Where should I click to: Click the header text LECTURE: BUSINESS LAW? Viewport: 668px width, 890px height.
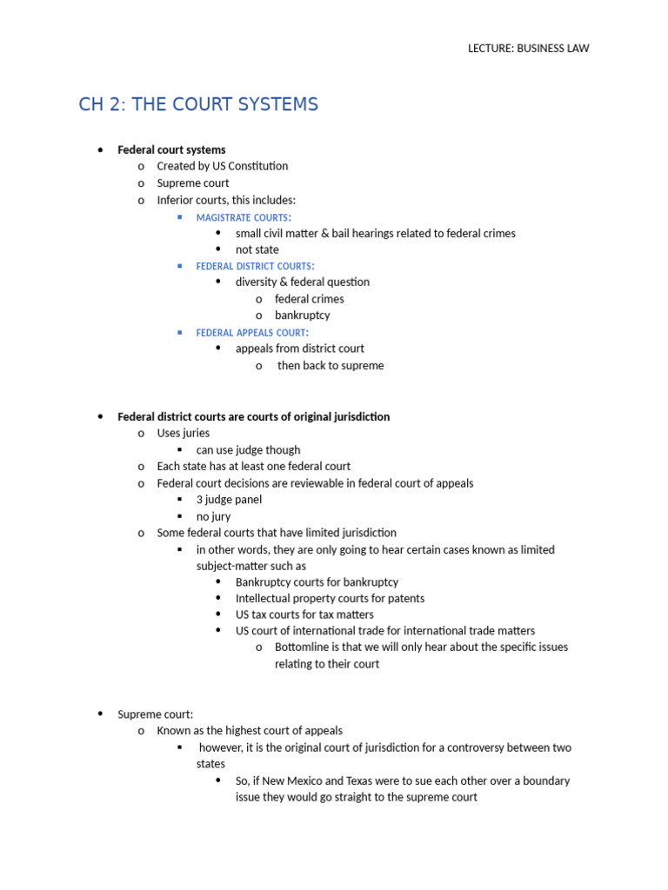[x=528, y=49]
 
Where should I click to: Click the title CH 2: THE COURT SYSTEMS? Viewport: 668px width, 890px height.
[x=198, y=105]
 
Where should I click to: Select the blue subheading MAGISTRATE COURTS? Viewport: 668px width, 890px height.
[x=244, y=216]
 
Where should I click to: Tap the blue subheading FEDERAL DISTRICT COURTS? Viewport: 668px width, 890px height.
[x=256, y=266]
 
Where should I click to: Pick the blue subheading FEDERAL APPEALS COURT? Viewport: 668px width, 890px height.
[x=252, y=333]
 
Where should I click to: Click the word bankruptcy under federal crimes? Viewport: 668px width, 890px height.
[x=302, y=315]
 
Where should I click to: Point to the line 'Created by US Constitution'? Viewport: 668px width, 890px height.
[x=222, y=166]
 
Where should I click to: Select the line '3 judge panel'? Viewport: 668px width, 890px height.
[x=229, y=500]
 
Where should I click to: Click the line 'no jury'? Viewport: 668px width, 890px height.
[x=213, y=516]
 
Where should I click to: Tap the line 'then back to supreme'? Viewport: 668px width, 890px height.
[x=331, y=366]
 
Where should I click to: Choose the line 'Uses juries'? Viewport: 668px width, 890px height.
[x=183, y=433]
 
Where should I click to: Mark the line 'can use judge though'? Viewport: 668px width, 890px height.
[x=248, y=450]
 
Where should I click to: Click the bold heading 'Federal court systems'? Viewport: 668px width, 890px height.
[x=171, y=149]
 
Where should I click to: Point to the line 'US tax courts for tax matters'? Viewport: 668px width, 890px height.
[x=304, y=614]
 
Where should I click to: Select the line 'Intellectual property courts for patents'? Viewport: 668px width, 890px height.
[x=330, y=598]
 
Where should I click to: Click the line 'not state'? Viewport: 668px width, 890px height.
[x=257, y=249]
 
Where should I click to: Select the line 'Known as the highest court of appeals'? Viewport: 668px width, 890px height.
[x=250, y=731]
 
